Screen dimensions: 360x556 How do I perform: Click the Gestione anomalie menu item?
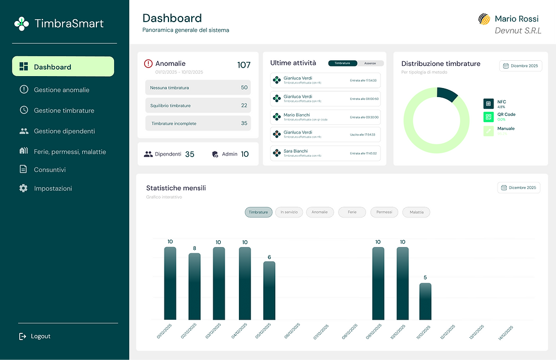point(61,90)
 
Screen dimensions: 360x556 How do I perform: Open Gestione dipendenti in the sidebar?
point(64,131)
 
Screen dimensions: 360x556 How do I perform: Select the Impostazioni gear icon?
point(23,188)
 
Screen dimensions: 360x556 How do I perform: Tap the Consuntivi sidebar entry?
point(49,169)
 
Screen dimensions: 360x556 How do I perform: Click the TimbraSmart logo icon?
point(22,23)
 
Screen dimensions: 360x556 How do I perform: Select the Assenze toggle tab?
point(370,63)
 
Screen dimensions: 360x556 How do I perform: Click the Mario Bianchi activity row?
point(325,117)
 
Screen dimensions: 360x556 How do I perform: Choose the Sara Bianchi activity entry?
point(325,153)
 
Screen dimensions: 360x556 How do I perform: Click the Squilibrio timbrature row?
point(197,106)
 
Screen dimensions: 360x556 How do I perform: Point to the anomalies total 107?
point(243,65)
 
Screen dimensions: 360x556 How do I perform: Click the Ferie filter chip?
point(352,212)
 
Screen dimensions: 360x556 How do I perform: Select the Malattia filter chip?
point(416,212)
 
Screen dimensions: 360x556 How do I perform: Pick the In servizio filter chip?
point(289,212)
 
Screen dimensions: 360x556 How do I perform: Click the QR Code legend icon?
point(488,117)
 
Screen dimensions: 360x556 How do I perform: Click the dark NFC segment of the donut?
point(448,94)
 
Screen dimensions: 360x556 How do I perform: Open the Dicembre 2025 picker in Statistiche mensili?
point(519,187)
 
